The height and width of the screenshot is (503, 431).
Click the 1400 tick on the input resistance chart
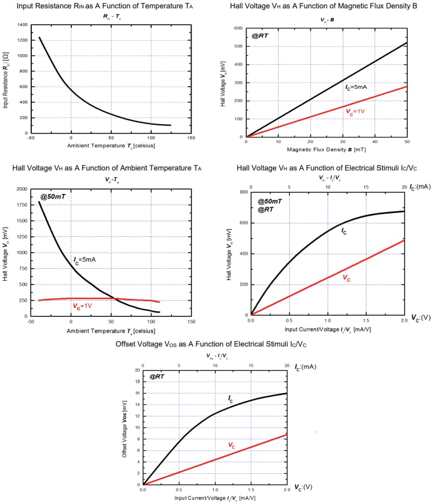(22, 25)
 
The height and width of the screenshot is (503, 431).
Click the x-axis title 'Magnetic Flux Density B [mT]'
(326, 150)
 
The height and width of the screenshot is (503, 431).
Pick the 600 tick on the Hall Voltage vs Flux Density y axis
(238, 28)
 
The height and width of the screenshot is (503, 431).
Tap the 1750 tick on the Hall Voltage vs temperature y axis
(22, 205)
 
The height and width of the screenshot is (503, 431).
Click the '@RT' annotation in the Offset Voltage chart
(156, 377)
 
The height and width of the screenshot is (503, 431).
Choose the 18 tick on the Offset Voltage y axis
(137, 382)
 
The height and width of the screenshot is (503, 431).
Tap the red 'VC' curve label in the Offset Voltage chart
(231, 445)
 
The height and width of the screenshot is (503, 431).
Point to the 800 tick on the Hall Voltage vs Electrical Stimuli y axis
(243, 192)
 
